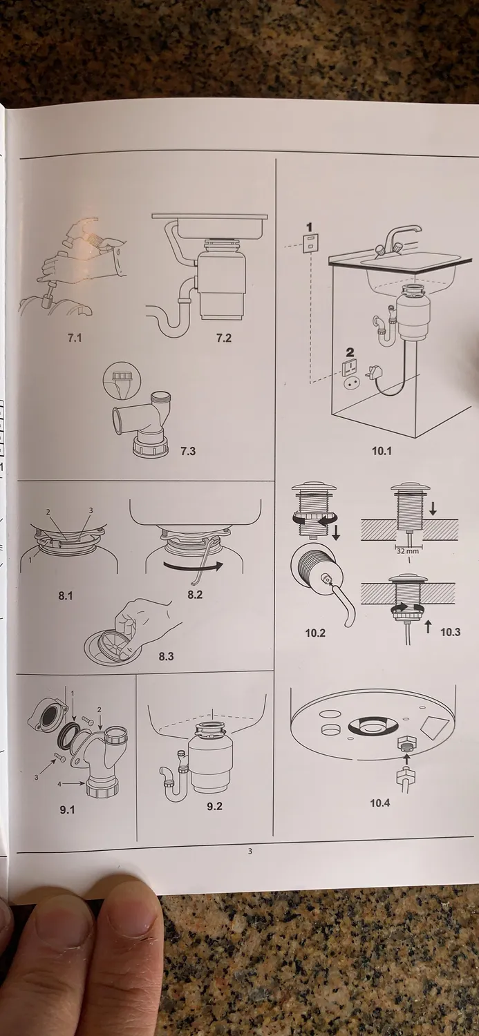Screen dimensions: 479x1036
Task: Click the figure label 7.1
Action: (x=75, y=338)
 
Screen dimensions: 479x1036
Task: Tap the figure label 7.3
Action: (x=188, y=451)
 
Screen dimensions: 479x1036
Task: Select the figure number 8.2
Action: (x=195, y=595)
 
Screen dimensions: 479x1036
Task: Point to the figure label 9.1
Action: (x=67, y=809)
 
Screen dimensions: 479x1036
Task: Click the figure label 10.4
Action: (x=380, y=803)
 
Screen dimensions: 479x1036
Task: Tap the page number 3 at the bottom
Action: (x=250, y=851)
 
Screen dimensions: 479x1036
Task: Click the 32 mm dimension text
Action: (x=407, y=551)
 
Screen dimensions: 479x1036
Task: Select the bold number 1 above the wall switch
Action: (x=310, y=227)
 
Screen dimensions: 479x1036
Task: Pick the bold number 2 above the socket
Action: (x=350, y=352)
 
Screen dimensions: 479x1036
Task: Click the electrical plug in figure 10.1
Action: (x=373, y=372)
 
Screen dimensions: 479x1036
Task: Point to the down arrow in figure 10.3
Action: (x=433, y=509)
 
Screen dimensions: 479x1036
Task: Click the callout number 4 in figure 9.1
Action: (x=59, y=784)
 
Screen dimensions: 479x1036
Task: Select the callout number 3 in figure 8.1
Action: (x=91, y=510)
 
